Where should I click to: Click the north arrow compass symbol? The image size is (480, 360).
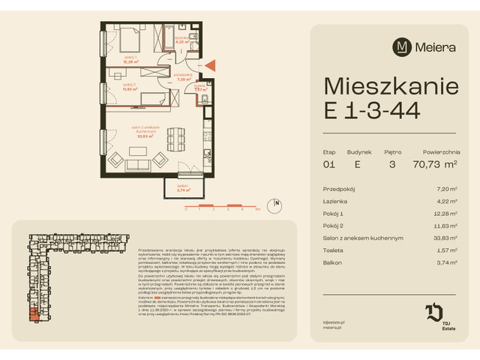coord(277,202)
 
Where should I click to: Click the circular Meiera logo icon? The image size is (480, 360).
coord(403,46)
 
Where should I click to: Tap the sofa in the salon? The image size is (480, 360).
coord(140,166)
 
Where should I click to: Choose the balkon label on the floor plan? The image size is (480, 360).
coord(181,185)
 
